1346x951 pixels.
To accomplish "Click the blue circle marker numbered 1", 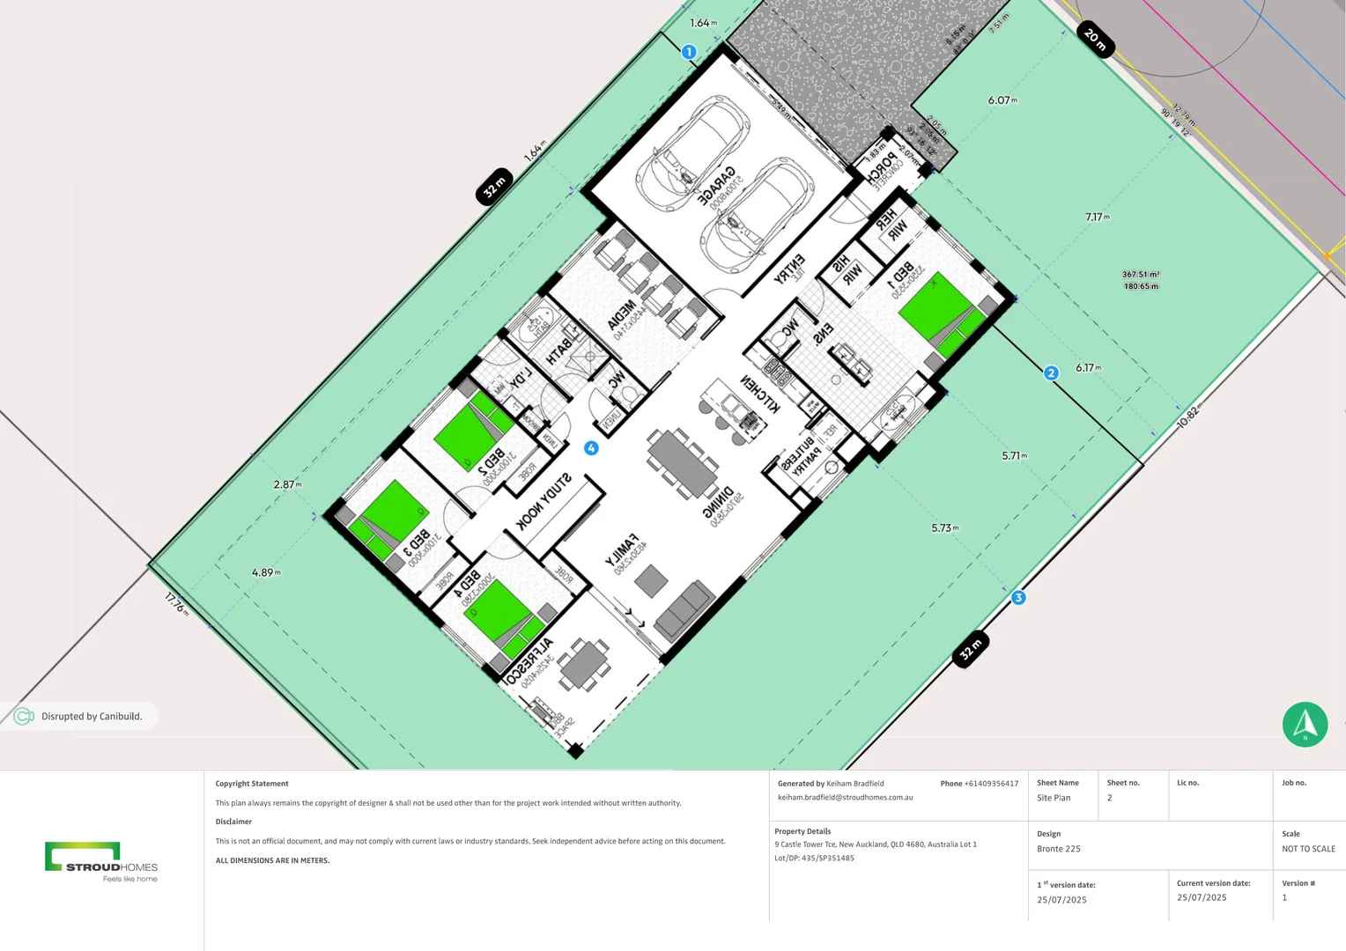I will coord(689,52).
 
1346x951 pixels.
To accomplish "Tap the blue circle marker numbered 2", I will coord(1051,373).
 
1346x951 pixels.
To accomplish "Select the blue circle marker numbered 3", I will coord(1018,598).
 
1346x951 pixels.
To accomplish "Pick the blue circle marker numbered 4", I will coord(591,448).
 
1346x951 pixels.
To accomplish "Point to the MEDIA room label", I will coord(622,315).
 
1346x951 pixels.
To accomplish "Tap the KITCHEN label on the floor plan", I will coord(759,393).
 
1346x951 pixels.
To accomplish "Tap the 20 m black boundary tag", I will coord(1095,39).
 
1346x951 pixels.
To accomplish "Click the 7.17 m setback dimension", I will coord(1098,217).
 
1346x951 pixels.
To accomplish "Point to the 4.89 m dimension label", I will coord(266,572).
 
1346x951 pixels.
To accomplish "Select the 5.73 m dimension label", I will coord(945,528).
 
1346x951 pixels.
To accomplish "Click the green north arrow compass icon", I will coord(1305,724).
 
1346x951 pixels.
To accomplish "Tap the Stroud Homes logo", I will coord(101,861).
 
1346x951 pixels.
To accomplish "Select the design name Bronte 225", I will coord(1059,849).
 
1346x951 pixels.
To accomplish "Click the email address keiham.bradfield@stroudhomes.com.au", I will coord(845,798).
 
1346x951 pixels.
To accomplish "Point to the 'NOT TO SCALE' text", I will coord(1308,849).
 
